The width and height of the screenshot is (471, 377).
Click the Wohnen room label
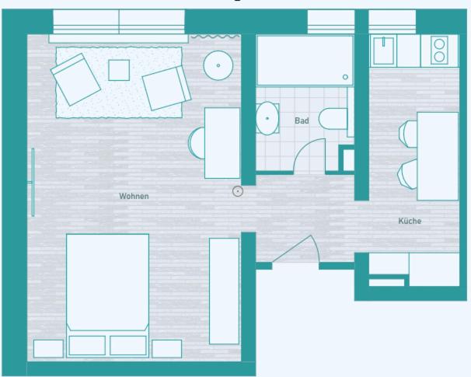[134, 196]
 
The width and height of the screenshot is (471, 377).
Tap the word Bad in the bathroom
[302, 120]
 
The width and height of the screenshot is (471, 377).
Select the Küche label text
[410, 221]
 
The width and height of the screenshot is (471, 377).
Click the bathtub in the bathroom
[305, 61]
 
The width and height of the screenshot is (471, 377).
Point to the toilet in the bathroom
[333, 119]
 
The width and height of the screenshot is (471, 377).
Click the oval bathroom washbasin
[267, 118]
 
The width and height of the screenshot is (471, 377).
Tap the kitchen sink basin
[383, 51]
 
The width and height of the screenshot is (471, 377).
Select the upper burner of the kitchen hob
[439, 44]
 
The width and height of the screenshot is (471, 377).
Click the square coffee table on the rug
[119, 70]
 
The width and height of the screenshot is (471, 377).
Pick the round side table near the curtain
[218, 65]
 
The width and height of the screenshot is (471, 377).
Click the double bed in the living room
[107, 295]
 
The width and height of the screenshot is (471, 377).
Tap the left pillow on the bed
[87, 345]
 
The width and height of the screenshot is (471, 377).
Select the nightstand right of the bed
[166, 349]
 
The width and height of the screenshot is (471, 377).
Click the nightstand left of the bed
[48, 349]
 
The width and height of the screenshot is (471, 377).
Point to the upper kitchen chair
[408, 134]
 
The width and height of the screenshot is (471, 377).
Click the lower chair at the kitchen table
[407, 174]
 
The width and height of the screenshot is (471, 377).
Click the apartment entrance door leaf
[291, 249]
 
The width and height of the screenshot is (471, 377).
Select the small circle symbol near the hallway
[238, 191]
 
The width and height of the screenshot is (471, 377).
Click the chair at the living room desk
[197, 143]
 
